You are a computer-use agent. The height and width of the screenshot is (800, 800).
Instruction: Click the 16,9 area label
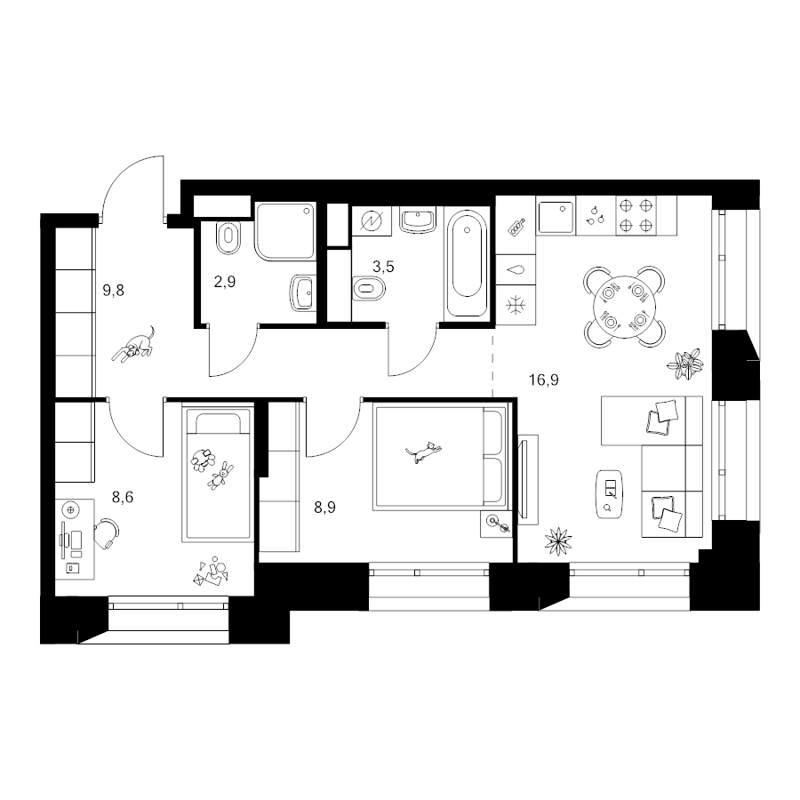coord(544,380)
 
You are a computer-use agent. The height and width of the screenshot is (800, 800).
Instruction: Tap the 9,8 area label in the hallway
coord(113,291)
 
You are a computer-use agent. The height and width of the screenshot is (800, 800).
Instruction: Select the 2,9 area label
coord(225,282)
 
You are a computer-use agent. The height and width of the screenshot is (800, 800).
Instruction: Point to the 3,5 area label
coord(383,267)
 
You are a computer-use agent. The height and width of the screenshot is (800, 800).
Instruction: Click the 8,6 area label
coord(123,497)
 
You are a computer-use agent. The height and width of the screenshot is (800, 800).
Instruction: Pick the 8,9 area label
coord(324,508)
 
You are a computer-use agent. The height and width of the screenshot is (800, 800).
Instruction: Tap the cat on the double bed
coord(423,452)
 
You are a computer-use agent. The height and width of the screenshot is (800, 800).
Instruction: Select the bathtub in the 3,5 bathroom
coord(467,264)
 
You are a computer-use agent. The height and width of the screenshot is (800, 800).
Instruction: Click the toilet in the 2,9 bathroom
coord(228,237)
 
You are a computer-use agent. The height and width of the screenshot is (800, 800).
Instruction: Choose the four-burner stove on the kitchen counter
coord(636,215)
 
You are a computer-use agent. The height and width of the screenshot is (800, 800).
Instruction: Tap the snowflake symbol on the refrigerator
coord(516,306)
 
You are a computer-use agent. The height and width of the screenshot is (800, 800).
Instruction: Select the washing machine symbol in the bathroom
coord(372,221)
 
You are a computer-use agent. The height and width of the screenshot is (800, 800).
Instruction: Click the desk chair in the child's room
coord(108,533)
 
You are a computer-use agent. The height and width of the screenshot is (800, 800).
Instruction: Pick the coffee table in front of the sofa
coord(609,494)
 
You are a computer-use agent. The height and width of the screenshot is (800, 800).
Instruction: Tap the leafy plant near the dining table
coord(685,364)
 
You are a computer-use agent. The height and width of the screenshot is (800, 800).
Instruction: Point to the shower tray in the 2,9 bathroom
coord(285,232)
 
